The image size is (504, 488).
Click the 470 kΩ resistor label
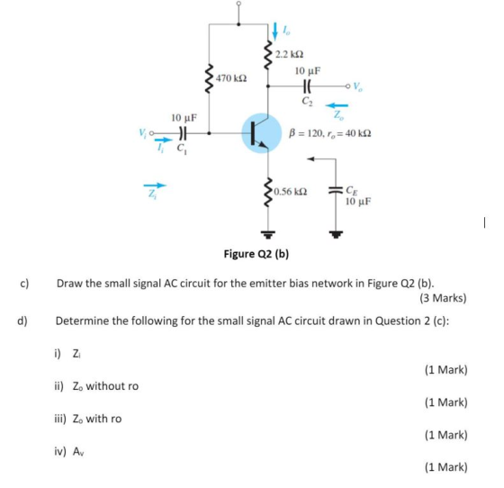[x=231, y=78]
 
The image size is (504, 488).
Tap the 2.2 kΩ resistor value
[x=289, y=54]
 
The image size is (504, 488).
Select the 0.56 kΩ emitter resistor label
[x=291, y=192]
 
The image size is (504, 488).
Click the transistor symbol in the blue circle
[x=261, y=133]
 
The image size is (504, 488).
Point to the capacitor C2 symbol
[x=308, y=86]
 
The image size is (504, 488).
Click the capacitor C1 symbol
[x=182, y=132]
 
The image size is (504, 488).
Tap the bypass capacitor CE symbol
[x=336, y=190]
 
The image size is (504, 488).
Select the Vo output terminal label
[x=358, y=86]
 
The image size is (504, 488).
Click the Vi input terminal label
[x=142, y=132]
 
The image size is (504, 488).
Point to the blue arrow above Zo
[x=337, y=105]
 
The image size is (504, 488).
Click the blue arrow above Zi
[x=155, y=185]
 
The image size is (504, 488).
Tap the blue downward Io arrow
[x=274, y=32]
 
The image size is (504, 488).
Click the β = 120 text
[x=304, y=132]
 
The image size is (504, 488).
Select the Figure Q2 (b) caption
[x=256, y=254]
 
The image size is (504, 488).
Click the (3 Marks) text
[x=443, y=298]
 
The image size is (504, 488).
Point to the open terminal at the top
[x=238, y=4]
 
